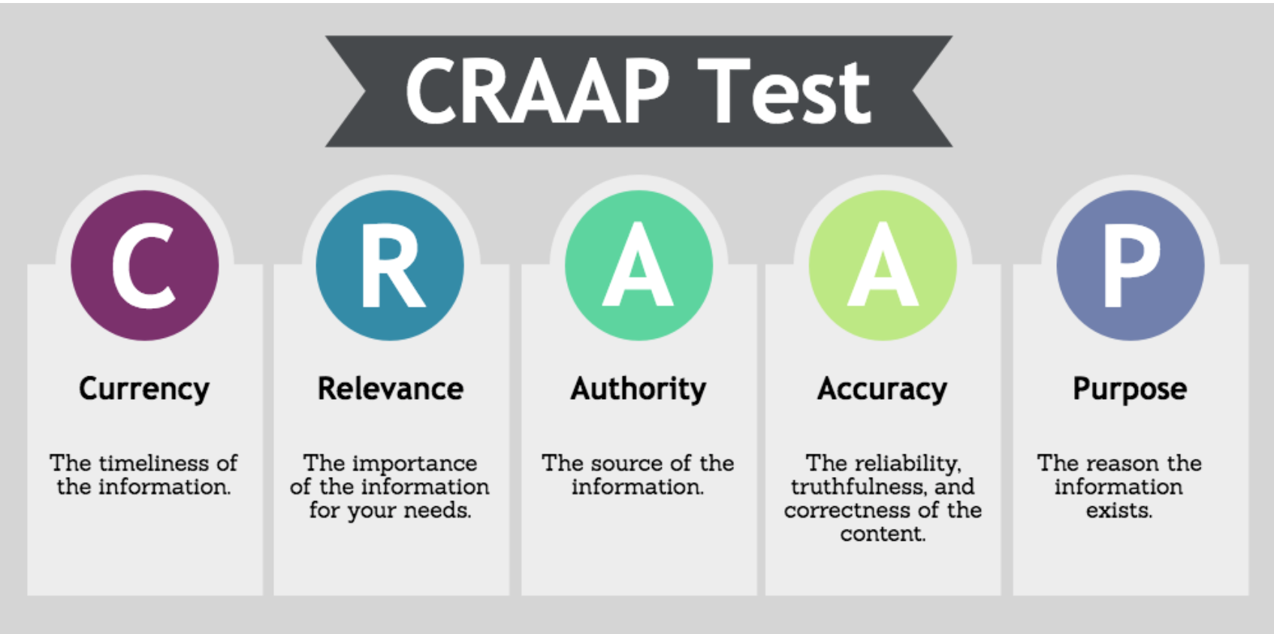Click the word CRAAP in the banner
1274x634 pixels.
pyautogui.click(x=538, y=91)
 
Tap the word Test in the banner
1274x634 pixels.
pyautogui.click(x=784, y=91)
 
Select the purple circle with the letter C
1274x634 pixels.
pyautogui.click(x=144, y=265)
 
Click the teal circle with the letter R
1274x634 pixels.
pyautogui.click(x=390, y=265)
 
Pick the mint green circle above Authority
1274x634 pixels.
pyautogui.click(x=639, y=265)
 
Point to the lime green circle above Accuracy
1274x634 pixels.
pyautogui.click(x=883, y=265)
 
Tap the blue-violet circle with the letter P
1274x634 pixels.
pyautogui.click(x=1131, y=265)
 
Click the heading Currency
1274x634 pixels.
pyautogui.click(x=144, y=390)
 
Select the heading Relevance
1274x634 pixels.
pyautogui.click(x=390, y=389)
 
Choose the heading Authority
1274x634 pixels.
pyautogui.click(x=639, y=390)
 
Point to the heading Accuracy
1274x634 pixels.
pyautogui.click(x=882, y=390)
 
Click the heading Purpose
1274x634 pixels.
pyautogui.click(x=1130, y=390)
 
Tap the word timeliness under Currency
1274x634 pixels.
pyautogui.click(x=148, y=463)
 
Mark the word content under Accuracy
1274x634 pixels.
pyautogui.click(x=883, y=534)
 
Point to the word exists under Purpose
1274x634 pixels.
pyautogui.click(x=1119, y=511)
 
